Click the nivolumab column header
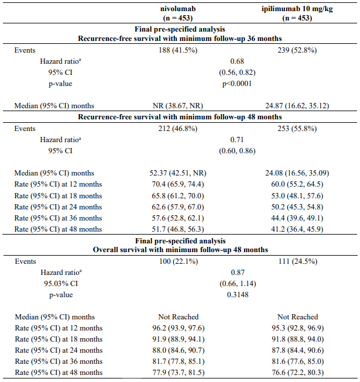tap(178, 13)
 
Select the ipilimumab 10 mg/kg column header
tap(297, 13)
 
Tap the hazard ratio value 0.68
tap(237, 61)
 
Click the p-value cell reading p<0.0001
tap(237, 84)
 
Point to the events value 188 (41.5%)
tap(178, 50)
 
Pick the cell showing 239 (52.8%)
tap(297, 50)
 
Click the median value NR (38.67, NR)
tap(178, 106)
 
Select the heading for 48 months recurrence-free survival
tap(180, 117)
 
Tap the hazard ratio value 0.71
tap(237, 140)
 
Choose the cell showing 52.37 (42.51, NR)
tap(178, 173)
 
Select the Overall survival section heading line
tap(180, 250)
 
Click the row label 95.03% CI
tap(61, 284)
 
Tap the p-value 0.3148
tap(238, 295)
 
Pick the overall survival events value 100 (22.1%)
tap(179, 261)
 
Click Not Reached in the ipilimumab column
tap(297, 316)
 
